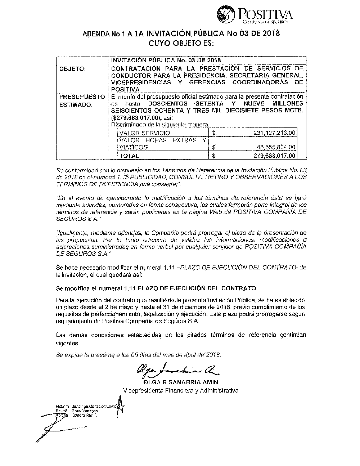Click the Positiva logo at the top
(254, 14)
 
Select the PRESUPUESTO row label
(82, 97)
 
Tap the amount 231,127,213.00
(274, 133)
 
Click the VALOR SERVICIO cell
(144, 133)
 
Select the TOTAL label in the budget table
(129, 156)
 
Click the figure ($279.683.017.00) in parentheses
(135, 118)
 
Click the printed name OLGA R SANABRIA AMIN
(180, 382)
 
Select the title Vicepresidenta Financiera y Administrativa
(180, 390)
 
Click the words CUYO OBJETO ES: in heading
(181, 44)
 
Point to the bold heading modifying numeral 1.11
(156, 288)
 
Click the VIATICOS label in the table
(133, 147)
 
